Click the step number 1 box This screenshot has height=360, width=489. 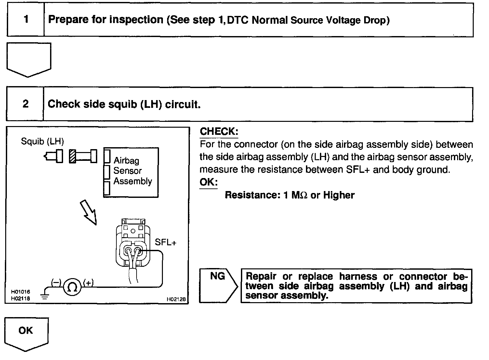tap(26, 19)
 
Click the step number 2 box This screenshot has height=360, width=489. tap(25, 104)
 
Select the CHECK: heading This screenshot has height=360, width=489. tap(219, 131)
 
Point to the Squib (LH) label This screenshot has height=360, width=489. tap(42, 141)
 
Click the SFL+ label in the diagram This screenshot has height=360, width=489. tap(165, 242)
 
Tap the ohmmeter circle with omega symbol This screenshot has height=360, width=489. tap(72, 287)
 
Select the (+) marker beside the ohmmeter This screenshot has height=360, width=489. tap(88, 283)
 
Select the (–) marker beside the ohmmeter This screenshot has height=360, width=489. tap(56, 283)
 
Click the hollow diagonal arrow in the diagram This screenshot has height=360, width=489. tap(88, 212)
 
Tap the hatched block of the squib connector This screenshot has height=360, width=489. tap(73, 156)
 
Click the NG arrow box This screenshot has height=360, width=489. tap(218, 286)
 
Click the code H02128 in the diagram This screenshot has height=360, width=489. tap(176, 299)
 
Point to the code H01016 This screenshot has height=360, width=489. tap(20, 292)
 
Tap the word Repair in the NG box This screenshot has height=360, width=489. tap(261, 276)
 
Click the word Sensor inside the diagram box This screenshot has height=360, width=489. tap(127, 171)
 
